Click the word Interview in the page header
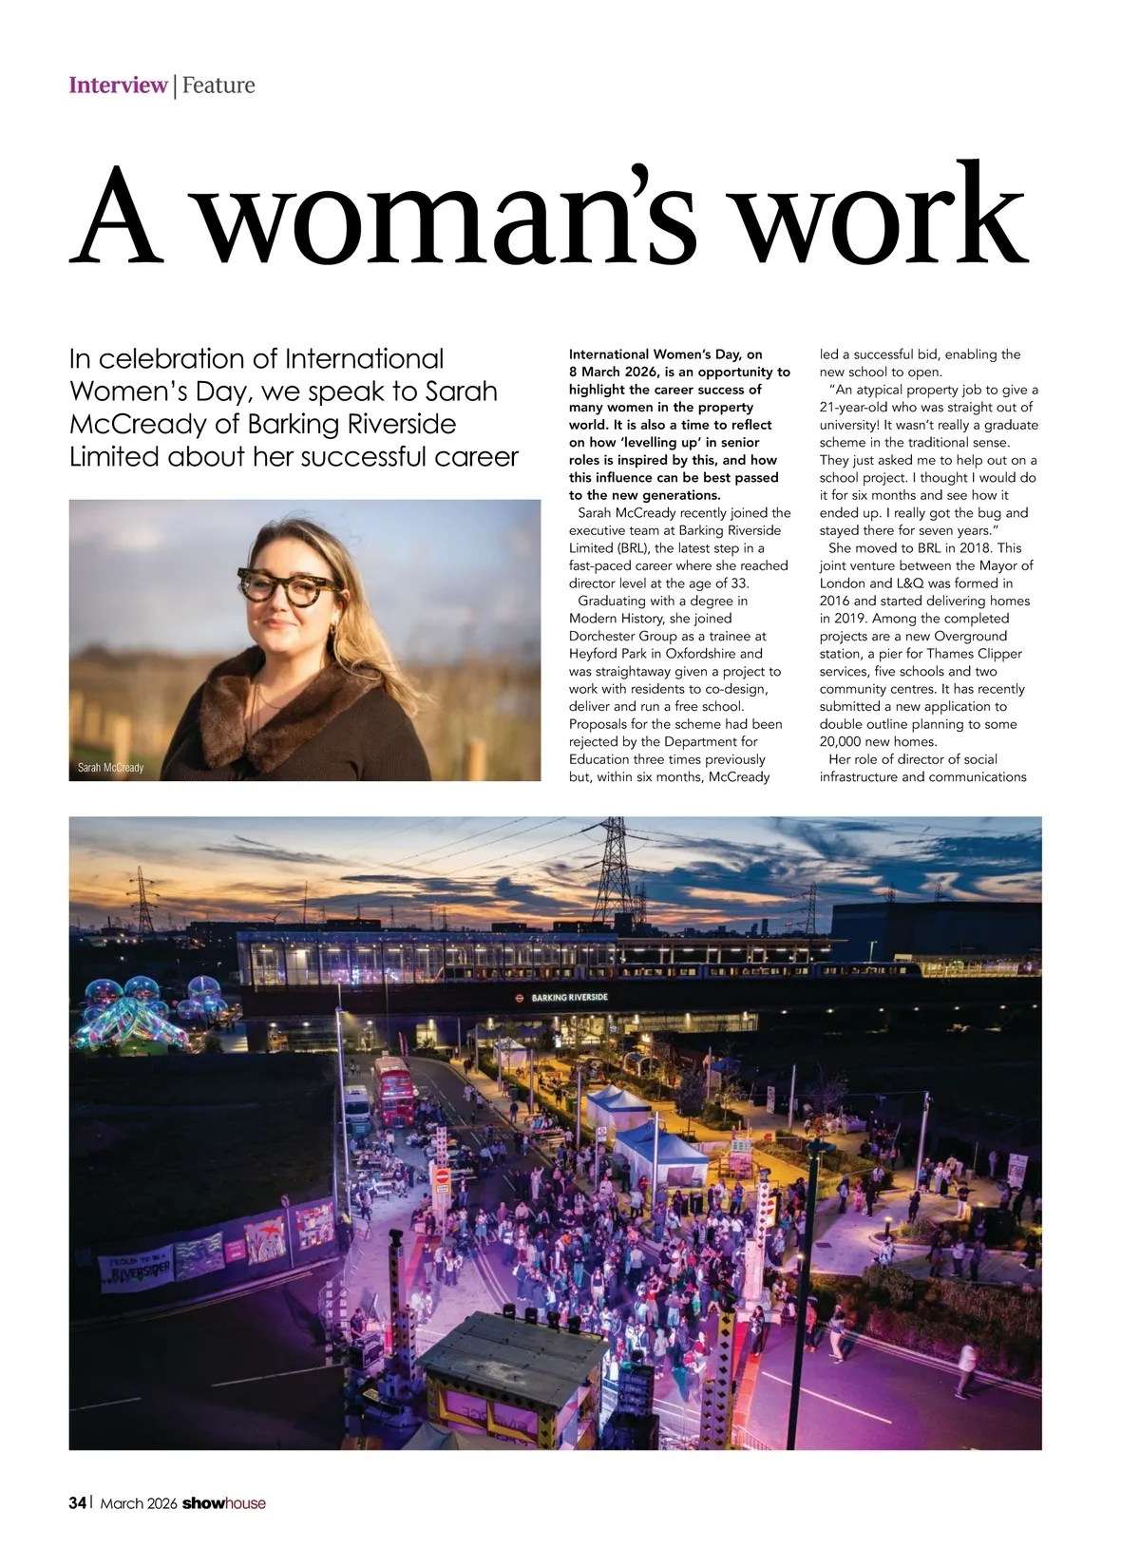click(118, 86)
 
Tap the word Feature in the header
click(218, 86)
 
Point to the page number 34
click(77, 1502)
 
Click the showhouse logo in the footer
click(224, 1502)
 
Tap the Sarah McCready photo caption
click(110, 767)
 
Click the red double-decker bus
click(391, 1091)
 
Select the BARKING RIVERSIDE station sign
click(569, 998)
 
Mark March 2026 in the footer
click(139, 1503)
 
